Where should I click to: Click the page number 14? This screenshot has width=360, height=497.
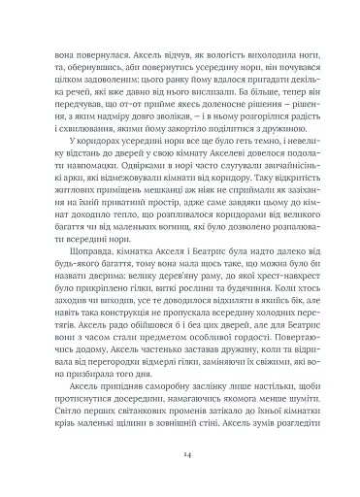point(180,452)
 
